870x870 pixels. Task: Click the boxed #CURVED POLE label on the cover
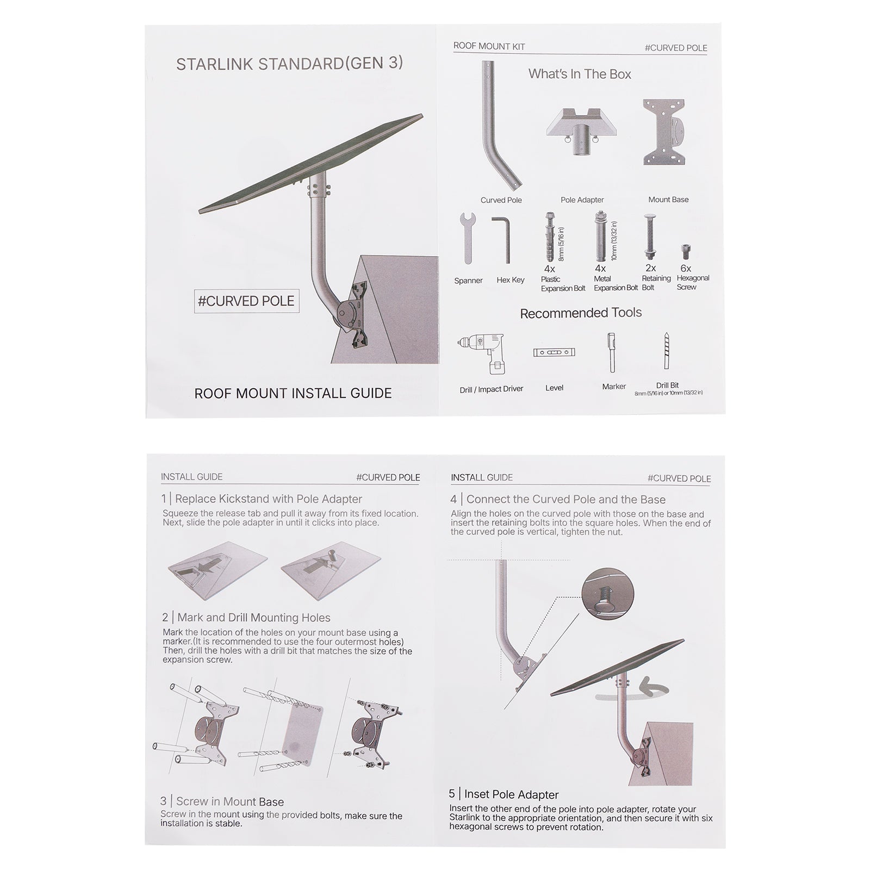tap(246, 301)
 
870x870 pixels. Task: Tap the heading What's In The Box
tap(580, 74)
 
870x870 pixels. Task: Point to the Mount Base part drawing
tap(664, 132)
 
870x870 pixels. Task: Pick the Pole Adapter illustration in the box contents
tap(582, 130)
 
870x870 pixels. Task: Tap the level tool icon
tap(554, 352)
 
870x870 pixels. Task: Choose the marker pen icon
tap(612, 352)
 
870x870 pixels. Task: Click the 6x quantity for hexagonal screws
tap(686, 268)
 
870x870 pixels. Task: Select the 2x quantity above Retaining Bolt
tap(650, 268)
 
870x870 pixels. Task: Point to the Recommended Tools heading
tap(581, 313)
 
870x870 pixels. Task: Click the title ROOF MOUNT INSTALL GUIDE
tap(293, 393)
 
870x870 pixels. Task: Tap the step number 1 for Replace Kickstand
tap(164, 499)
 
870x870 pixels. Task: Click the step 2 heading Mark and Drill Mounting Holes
tap(254, 617)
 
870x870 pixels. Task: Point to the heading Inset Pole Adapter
tap(511, 794)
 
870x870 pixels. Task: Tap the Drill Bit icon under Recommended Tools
tap(667, 351)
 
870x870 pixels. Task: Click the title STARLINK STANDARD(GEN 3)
tap(289, 64)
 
